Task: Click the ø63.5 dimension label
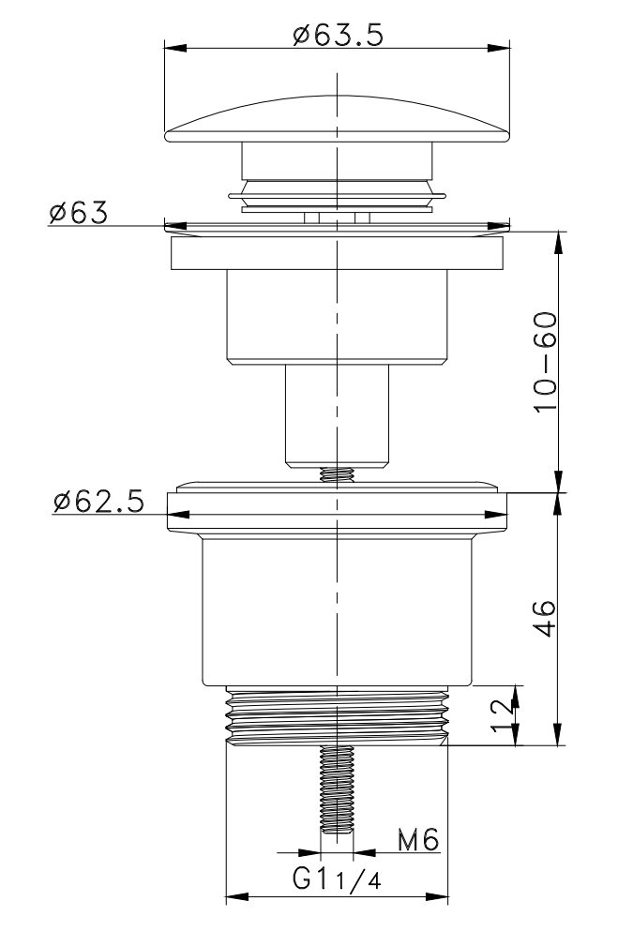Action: [338, 36]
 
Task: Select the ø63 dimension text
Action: [79, 213]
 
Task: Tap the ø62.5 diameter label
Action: [98, 502]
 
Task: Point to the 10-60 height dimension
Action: [545, 361]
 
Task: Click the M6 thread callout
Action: [418, 839]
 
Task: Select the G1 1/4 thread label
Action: [338, 879]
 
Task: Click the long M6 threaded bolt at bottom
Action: [337, 789]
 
